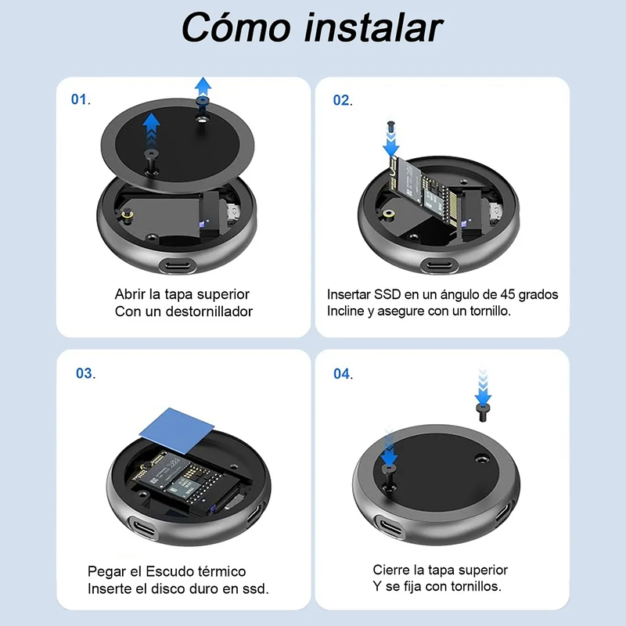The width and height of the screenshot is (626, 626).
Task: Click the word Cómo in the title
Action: (236, 27)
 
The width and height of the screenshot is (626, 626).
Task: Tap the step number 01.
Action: (81, 99)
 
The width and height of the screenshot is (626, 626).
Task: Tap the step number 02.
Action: (343, 100)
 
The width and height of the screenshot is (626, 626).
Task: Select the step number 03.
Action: (85, 373)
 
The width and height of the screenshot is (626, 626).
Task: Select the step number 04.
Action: (343, 374)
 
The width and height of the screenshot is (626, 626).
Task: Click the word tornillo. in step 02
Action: (491, 311)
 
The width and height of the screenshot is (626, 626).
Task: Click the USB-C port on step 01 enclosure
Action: (178, 265)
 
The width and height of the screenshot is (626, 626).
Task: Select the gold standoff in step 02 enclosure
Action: (387, 214)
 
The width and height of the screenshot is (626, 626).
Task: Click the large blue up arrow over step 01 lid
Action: (151, 131)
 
